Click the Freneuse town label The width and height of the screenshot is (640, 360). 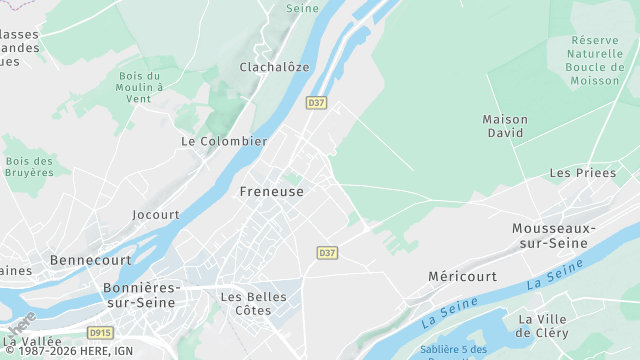pyautogui.click(x=271, y=191)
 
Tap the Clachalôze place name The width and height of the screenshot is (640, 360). pyautogui.click(x=274, y=67)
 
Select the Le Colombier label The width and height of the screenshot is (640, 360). pyautogui.click(x=224, y=141)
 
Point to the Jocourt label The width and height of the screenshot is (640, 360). pyautogui.click(x=156, y=214)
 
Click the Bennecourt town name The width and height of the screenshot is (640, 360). pyautogui.click(x=91, y=259)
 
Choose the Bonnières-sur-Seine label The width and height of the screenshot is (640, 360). pyautogui.click(x=142, y=294)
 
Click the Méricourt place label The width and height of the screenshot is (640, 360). pyautogui.click(x=462, y=275)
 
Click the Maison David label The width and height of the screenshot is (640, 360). pyautogui.click(x=505, y=126)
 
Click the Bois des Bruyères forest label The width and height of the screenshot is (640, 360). pyautogui.click(x=29, y=166)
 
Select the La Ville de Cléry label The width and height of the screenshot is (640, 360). pyautogui.click(x=543, y=325)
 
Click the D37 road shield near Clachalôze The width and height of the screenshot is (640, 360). pyautogui.click(x=316, y=102)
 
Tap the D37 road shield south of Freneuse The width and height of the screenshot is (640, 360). pyautogui.click(x=327, y=253)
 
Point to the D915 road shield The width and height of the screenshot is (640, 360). pyautogui.click(x=99, y=332)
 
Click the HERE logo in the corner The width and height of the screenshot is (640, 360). pyautogui.click(x=21, y=324)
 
